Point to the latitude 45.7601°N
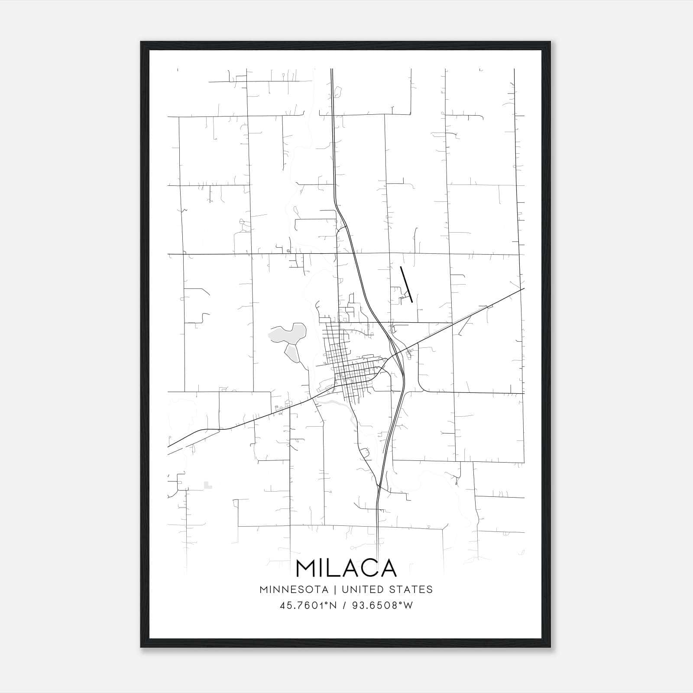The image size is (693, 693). (x=308, y=606)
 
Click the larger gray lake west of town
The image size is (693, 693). (x=288, y=333)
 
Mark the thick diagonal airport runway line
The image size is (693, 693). (x=406, y=284)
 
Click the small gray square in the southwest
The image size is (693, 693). (x=208, y=485)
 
